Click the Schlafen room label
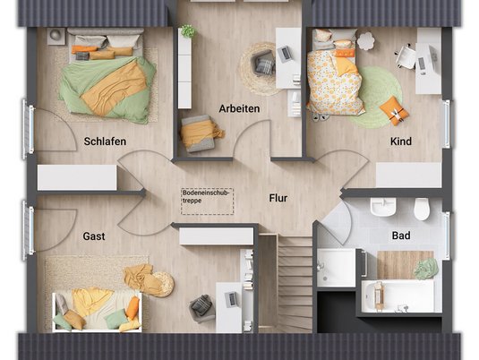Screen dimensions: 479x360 click(x=105, y=141)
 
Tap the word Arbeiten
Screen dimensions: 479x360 click(x=239, y=108)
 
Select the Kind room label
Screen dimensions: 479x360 click(x=401, y=141)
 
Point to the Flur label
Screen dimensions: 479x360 click(x=278, y=198)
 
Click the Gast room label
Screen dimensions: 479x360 click(x=94, y=236)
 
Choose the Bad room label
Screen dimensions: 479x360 click(x=401, y=236)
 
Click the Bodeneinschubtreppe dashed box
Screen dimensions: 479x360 click(x=207, y=201)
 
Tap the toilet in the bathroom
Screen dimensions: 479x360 click(x=422, y=209)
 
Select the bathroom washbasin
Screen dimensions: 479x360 click(x=383, y=207)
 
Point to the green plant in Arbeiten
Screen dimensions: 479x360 click(x=188, y=30)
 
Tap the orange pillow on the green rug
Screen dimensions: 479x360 click(x=394, y=110)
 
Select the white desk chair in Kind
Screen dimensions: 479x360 click(x=406, y=56)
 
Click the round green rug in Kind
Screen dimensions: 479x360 click(x=377, y=96)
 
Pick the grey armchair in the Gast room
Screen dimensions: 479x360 click(x=201, y=308)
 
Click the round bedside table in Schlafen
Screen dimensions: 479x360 click(x=56, y=37)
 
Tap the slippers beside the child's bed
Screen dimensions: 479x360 click(x=321, y=116)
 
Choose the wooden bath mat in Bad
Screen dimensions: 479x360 click(x=405, y=265)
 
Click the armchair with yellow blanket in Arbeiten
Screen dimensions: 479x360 click(x=200, y=133)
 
